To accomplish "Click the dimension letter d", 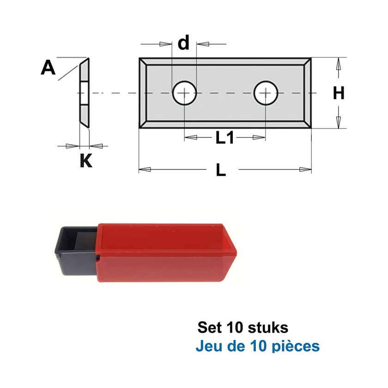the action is tap(184, 42).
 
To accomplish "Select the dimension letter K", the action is tap(86, 160).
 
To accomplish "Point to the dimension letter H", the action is tap(339, 93).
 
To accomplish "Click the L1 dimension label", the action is tap(224, 138).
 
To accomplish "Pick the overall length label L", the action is tap(221, 170).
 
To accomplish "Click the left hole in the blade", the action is tap(184, 93).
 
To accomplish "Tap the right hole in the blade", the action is tap(266, 93).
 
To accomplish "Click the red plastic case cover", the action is tap(166, 253).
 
